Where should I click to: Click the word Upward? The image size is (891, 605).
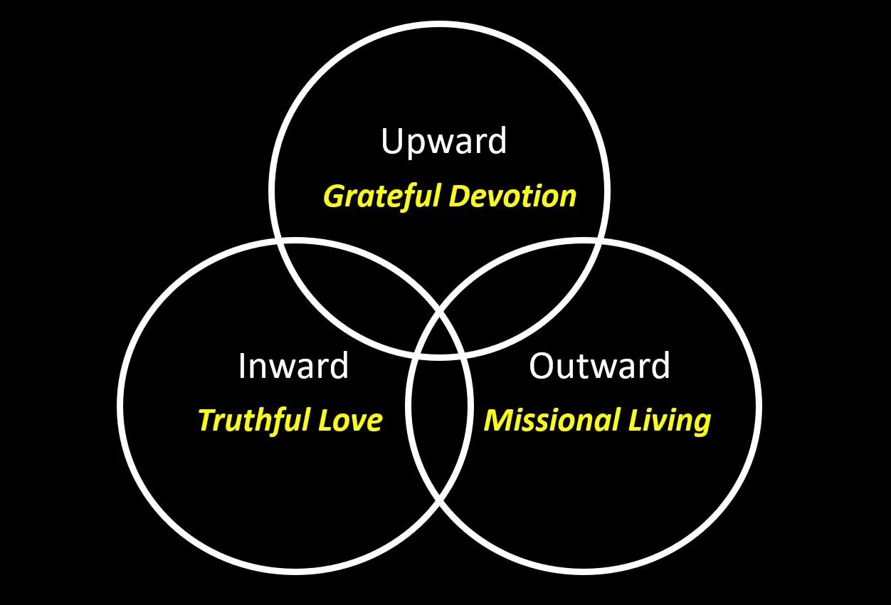pyautogui.click(x=444, y=141)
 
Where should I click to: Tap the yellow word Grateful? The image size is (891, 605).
pyautogui.click(x=382, y=196)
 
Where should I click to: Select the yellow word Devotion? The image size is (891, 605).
pyautogui.click(x=512, y=196)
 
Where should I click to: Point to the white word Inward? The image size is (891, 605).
pyautogui.click(x=293, y=366)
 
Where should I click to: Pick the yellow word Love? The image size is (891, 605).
pyautogui.click(x=350, y=420)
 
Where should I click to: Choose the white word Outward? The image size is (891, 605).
pyautogui.click(x=599, y=366)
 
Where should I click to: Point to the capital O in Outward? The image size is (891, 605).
pyautogui.click(x=542, y=366)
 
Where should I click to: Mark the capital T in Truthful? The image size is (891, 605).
pyautogui.click(x=207, y=420)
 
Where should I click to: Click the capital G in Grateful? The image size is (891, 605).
pyautogui.click(x=335, y=196)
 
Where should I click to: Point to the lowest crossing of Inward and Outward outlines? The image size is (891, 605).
pyautogui.click(x=439, y=501)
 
